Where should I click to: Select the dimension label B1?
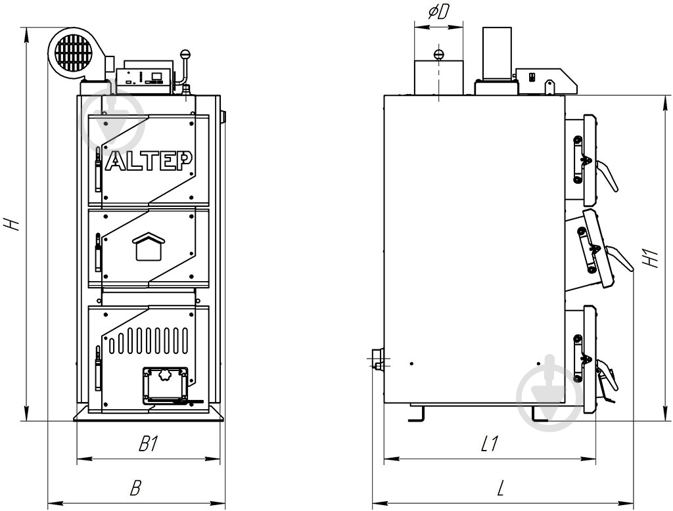coord(149,444)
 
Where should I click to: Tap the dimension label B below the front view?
coord(135,488)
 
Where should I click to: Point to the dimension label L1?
coord(489,443)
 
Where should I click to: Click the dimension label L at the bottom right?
coord(500,488)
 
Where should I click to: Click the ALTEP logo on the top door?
coord(149,161)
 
